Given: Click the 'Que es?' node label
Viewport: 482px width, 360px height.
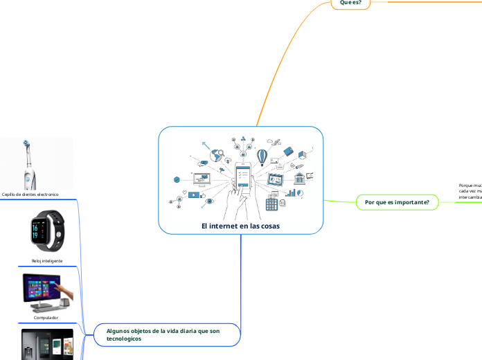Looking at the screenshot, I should click(x=350, y=3).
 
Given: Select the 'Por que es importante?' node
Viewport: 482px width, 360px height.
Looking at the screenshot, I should click(x=397, y=202).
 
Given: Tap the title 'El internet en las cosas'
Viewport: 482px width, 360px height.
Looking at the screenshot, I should click(x=240, y=226).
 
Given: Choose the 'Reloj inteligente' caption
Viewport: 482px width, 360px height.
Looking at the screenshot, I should click(x=47, y=261).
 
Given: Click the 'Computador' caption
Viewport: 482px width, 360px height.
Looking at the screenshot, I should click(x=46, y=318).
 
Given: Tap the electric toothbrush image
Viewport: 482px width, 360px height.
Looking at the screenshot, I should click(x=31, y=163).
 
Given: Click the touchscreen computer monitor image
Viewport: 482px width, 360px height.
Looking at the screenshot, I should click(x=46, y=293).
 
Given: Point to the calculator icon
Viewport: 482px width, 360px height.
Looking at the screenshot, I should click(x=271, y=204).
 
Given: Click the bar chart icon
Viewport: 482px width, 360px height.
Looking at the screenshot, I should click(x=292, y=192).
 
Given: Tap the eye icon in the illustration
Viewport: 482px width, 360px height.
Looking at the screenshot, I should click(x=210, y=201).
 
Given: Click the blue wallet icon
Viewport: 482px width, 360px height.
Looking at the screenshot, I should click(x=289, y=151).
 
